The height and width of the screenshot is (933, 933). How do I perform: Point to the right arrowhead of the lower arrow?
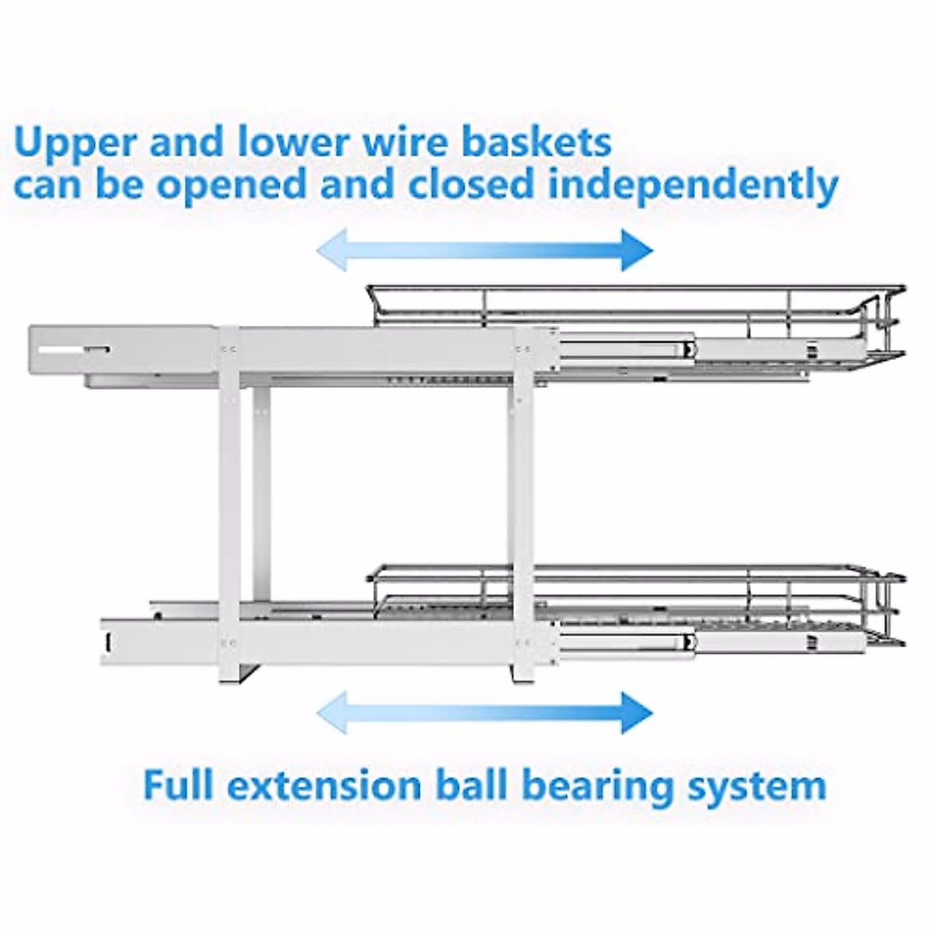(x=635, y=711)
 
